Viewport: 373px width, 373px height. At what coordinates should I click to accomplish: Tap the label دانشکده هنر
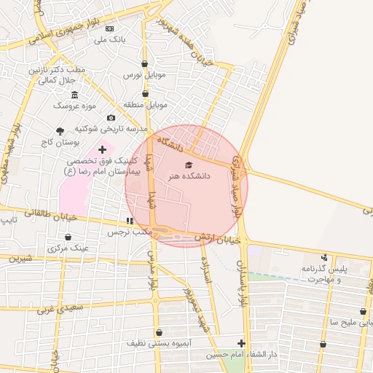click(189, 176)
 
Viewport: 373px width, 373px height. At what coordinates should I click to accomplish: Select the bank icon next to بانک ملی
click(110, 28)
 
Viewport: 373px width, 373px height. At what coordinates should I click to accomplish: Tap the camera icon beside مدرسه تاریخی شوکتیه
click(111, 118)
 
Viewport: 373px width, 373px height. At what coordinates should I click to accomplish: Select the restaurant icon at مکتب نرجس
click(130, 221)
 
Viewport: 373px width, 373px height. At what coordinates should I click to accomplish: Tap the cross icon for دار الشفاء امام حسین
click(241, 343)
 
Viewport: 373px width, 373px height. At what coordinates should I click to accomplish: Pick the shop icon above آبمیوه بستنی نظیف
click(159, 332)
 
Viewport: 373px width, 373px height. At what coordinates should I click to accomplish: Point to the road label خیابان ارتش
click(217, 239)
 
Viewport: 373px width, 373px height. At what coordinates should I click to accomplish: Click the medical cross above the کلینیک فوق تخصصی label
click(101, 149)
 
